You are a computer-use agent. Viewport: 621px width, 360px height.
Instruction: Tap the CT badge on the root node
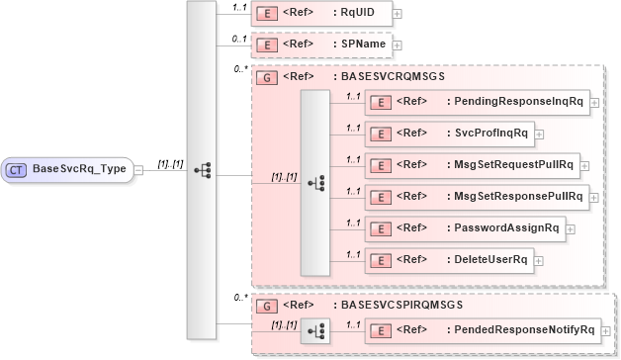tap(17, 169)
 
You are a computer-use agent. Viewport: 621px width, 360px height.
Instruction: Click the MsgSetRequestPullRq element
tap(470, 165)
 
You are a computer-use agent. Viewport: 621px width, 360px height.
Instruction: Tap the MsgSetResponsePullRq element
tap(476, 196)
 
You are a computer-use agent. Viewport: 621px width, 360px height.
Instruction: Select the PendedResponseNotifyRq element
tap(479, 328)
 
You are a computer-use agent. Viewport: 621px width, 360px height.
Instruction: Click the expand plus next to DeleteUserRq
tap(540, 260)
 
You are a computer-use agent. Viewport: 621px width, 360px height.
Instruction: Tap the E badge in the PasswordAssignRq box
tap(379, 227)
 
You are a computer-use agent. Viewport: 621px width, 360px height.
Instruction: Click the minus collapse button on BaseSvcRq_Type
tap(138, 169)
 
